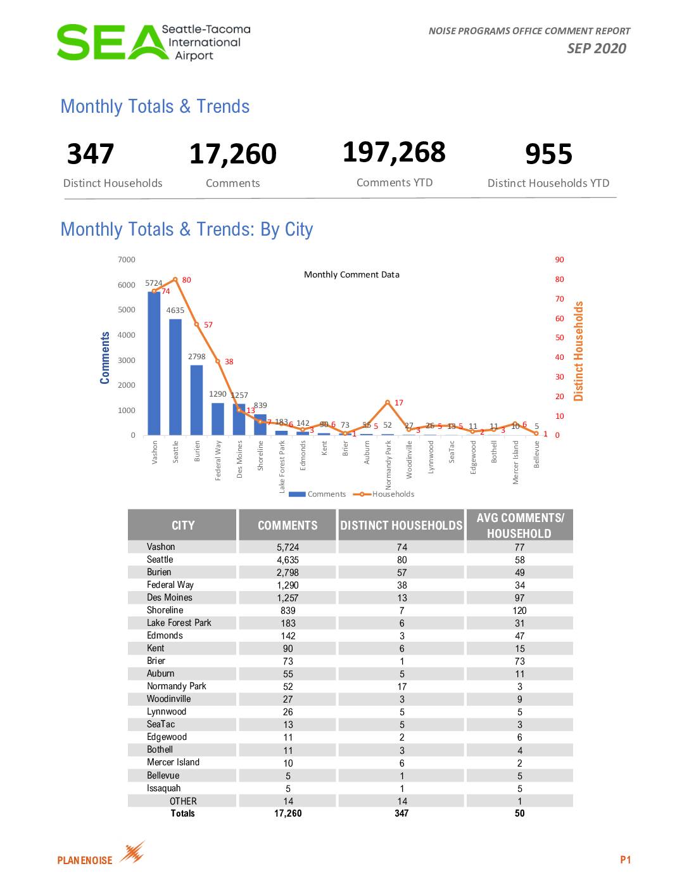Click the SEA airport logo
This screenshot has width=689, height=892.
[152, 42]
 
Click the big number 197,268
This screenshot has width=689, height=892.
[394, 152]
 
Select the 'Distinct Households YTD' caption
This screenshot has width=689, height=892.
[548, 183]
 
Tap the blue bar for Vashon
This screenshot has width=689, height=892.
[154, 364]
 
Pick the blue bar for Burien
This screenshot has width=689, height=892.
[196, 400]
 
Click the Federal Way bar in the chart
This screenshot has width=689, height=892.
[218, 419]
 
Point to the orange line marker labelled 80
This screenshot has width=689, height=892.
[175, 279]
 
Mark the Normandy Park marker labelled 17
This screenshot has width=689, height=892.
[388, 402]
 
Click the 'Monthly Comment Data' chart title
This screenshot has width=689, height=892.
[351, 274]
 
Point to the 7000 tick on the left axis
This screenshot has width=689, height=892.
[127, 260]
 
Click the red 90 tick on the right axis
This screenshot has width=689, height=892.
[559, 260]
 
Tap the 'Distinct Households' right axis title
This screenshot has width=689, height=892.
[578, 351]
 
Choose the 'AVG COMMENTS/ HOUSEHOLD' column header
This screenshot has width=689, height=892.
[519, 525]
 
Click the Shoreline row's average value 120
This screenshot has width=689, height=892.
[519, 611]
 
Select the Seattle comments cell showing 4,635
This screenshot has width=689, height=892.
[288, 560]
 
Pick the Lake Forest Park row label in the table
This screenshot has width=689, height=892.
[179, 623]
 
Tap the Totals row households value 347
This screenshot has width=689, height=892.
[401, 813]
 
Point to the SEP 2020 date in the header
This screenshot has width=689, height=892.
[596, 49]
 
